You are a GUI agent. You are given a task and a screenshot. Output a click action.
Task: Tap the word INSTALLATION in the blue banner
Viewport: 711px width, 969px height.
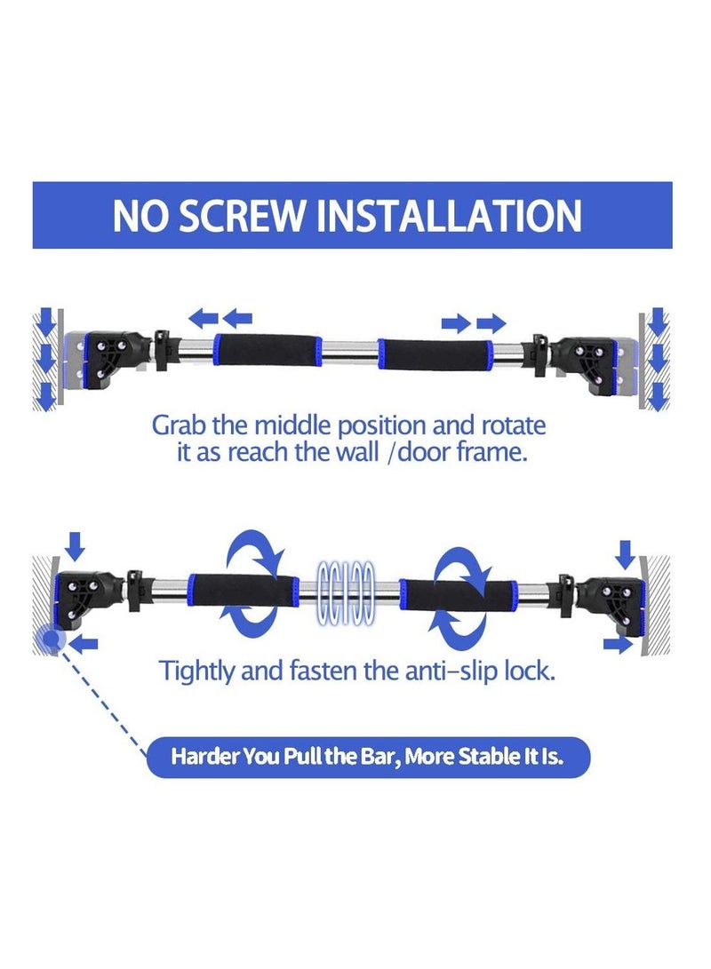[x=449, y=216]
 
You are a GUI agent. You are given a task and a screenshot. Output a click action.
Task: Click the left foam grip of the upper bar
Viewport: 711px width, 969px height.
[x=268, y=350]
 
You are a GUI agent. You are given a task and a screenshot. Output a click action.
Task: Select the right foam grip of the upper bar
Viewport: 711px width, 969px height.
[x=435, y=355]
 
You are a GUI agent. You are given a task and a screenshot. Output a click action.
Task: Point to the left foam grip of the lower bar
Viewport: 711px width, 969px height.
[x=243, y=592]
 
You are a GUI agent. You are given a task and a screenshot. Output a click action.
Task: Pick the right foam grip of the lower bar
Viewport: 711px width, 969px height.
[x=459, y=596]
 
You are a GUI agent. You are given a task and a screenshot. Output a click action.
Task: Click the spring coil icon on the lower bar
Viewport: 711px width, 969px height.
[x=347, y=592]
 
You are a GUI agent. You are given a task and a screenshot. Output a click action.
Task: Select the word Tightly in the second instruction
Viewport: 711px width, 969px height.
[x=196, y=671]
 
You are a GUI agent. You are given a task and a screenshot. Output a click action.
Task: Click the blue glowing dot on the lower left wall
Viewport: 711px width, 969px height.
[x=49, y=639]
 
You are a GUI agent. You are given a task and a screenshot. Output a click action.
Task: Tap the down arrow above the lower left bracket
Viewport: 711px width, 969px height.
[x=76, y=545]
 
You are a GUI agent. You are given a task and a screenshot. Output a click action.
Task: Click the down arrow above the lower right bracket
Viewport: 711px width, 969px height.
[x=626, y=554]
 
